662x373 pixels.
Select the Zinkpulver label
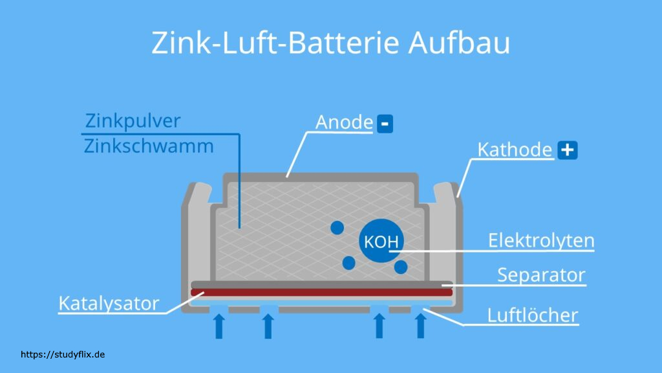coord(133,121)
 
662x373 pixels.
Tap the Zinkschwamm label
coord(149,146)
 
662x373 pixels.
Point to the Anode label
coord(344,122)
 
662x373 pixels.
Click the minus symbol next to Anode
coord(385,123)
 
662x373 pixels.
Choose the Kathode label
coord(515,150)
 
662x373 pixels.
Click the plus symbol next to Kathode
coord(567,150)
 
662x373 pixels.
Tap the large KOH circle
coord(381,242)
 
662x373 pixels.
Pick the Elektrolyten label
coord(541,241)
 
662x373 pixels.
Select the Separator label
coord(541,275)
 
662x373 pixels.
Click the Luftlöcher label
coord(533,315)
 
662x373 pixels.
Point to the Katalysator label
coord(109,303)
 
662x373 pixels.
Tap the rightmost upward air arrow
coord(421,325)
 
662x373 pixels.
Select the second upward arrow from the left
coord(268,325)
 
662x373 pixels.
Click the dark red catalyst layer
coord(322,292)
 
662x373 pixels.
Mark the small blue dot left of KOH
coord(337,228)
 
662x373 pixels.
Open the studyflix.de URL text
coord(63,354)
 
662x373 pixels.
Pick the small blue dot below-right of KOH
coord(401,266)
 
